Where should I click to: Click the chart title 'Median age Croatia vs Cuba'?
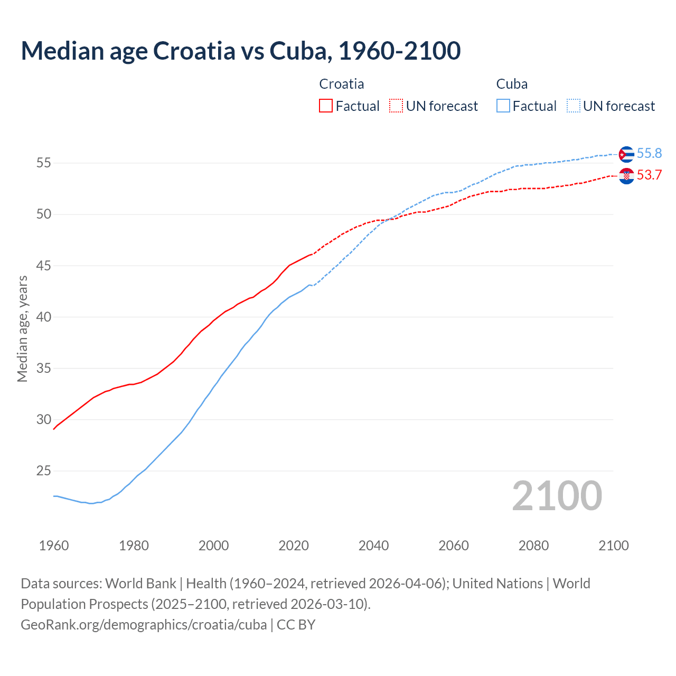(240, 51)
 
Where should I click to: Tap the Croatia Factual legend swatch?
(326, 106)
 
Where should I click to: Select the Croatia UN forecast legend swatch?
(396, 106)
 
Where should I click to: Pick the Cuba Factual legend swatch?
(503, 106)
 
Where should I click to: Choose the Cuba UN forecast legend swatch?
(573, 106)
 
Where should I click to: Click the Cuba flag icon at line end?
(626, 154)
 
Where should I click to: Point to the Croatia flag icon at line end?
(626, 176)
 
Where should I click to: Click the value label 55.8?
(649, 153)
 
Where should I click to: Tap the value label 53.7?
(649, 175)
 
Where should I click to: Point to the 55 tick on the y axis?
(44, 163)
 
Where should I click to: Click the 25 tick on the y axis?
(44, 471)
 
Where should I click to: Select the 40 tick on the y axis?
(44, 317)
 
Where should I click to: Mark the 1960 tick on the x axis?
(54, 546)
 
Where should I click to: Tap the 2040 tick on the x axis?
(373, 546)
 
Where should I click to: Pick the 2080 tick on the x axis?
(533, 546)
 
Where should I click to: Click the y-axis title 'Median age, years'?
(22, 328)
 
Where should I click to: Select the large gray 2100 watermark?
(557, 496)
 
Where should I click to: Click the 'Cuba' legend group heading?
(512, 84)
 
